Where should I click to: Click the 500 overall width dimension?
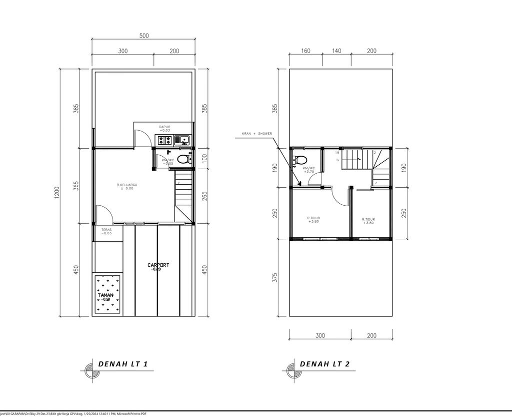click(144, 36)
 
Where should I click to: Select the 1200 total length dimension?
click(57, 192)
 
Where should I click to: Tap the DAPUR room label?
click(165, 127)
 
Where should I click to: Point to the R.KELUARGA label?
click(126, 185)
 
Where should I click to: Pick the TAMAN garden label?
click(105, 295)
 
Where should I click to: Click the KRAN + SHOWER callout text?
click(257, 134)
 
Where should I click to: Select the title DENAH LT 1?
click(122, 364)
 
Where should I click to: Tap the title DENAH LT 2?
click(324, 364)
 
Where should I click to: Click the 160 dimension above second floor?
click(306, 51)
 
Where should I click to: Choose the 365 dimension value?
click(76, 185)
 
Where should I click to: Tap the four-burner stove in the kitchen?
click(165, 141)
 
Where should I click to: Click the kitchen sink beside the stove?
click(183, 140)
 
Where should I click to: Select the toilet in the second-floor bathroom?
click(300, 160)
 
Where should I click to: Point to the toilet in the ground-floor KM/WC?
click(183, 160)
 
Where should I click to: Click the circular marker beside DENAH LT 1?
click(90, 371)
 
